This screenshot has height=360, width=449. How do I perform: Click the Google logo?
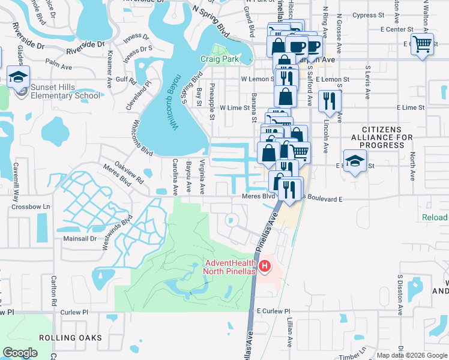[x=20, y=353]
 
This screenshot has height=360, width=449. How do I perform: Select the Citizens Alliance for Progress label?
[x=387, y=137]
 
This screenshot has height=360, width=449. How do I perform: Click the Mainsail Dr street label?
[x=80, y=238]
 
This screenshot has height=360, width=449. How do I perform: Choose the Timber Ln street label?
[x=352, y=355]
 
